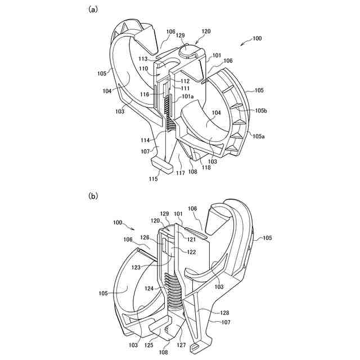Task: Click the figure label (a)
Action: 93,9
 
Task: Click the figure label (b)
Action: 93,196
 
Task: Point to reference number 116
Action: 145,94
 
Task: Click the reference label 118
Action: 206,168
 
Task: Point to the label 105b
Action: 260,111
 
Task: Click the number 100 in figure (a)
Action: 256,38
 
